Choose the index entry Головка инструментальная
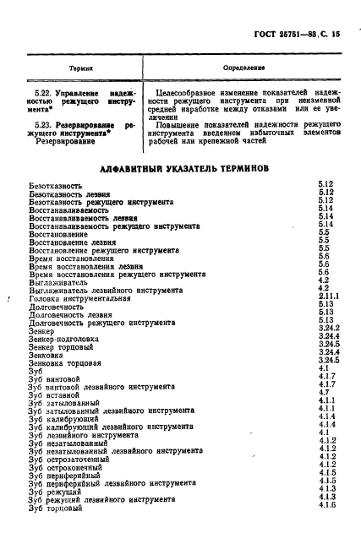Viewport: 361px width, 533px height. (x=79, y=298)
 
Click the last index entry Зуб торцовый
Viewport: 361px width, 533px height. (x=55, y=508)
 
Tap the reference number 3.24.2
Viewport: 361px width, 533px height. (x=330, y=329)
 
